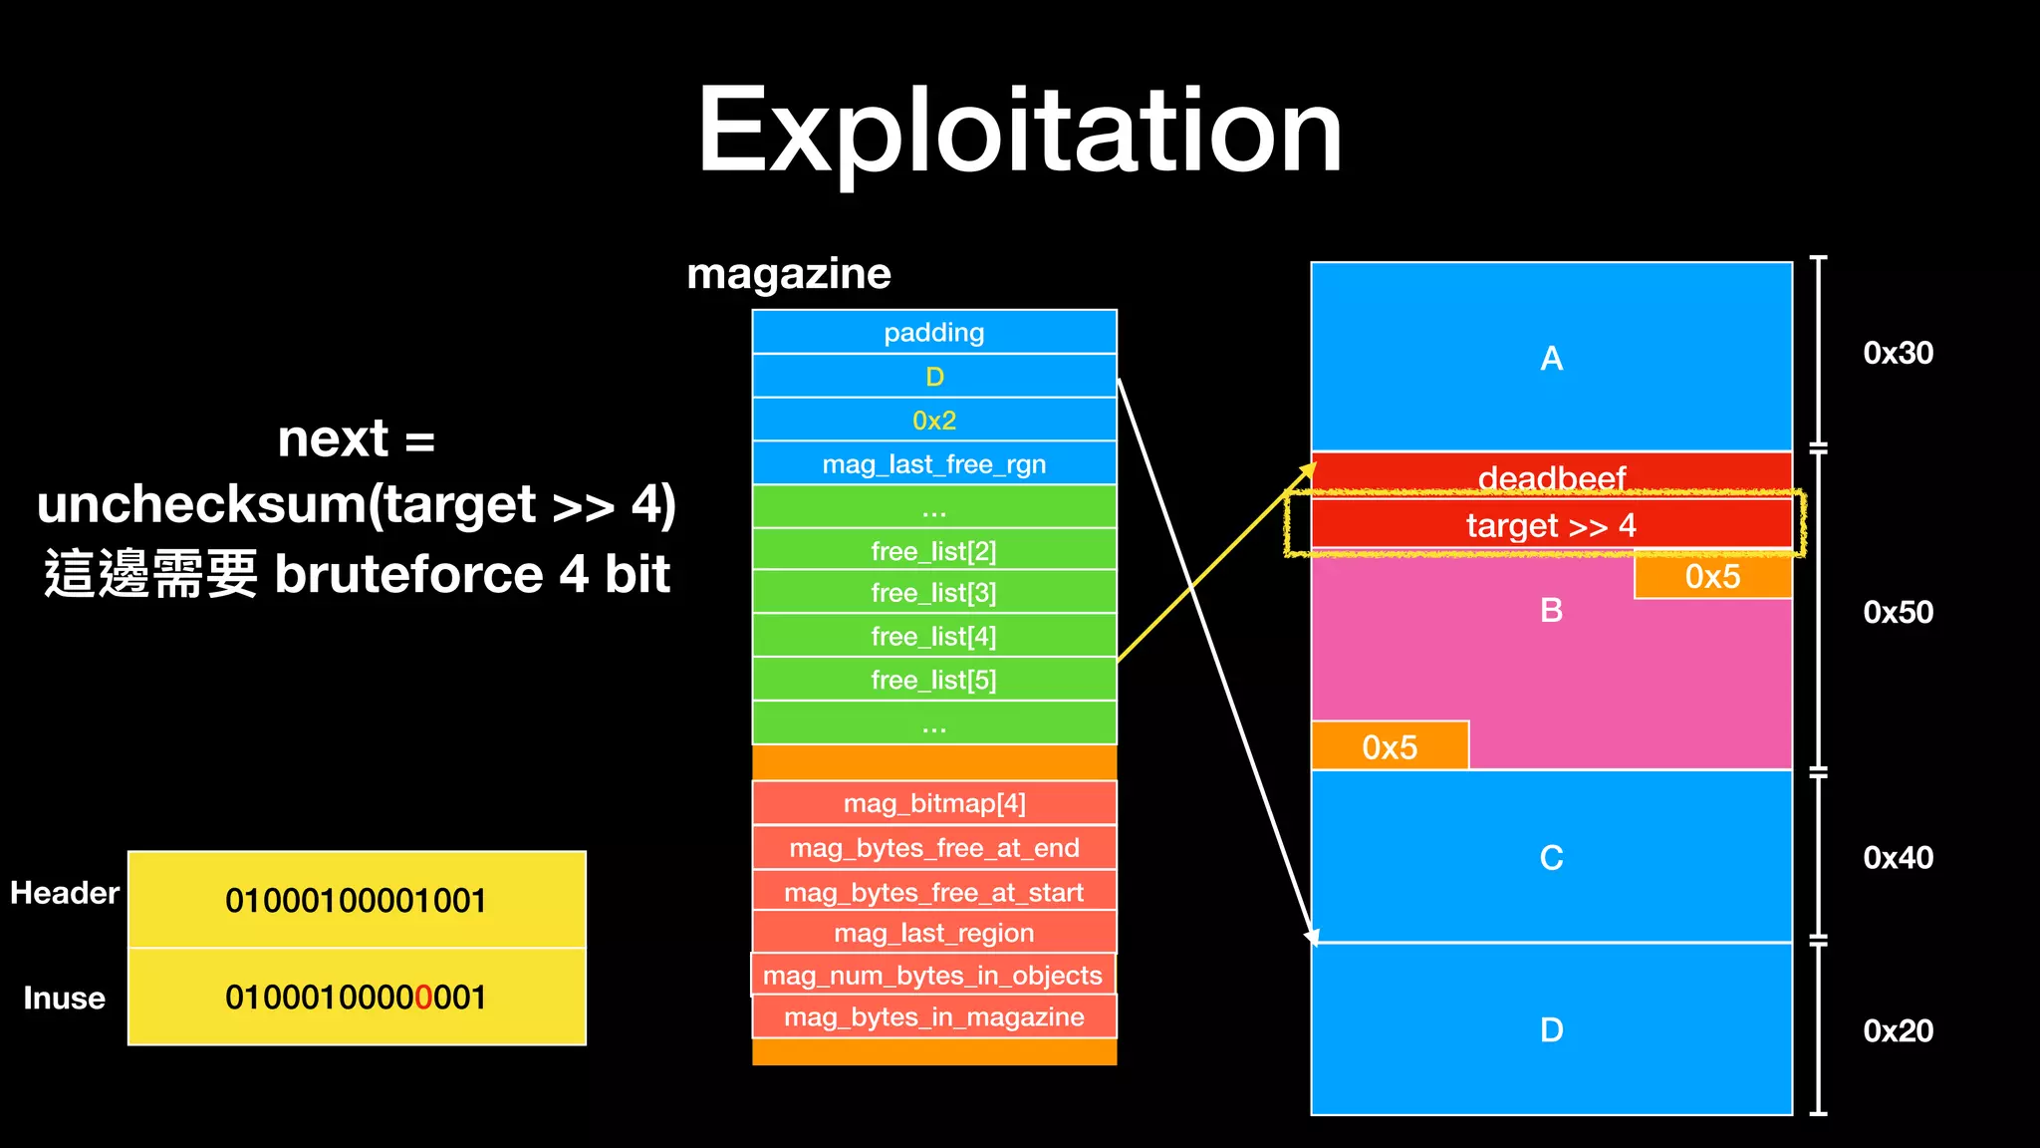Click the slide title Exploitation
tap(1019, 131)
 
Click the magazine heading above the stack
tap(789, 273)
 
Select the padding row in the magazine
tap(934, 332)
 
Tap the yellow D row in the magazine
tap(934, 377)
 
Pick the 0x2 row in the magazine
tap(934, 420)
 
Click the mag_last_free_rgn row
tap(934, 463)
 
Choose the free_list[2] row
tap(934, 550)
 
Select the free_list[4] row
tap(934, 636)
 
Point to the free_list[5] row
tap(934, 680)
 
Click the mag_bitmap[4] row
tap(934, 803)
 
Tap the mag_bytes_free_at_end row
tap(934, 847)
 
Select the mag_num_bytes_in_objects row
tap(932, 975)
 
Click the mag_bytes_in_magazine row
tap(934, 1016)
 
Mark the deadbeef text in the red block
tap(1551, 477)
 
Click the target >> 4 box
tap(1551, 524)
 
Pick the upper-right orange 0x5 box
tap(1712, 576)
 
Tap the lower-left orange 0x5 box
tap(1390, 746)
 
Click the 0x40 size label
tap(1898, 857)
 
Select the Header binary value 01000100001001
tap(356, 900)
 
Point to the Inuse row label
tap(65, 998)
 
